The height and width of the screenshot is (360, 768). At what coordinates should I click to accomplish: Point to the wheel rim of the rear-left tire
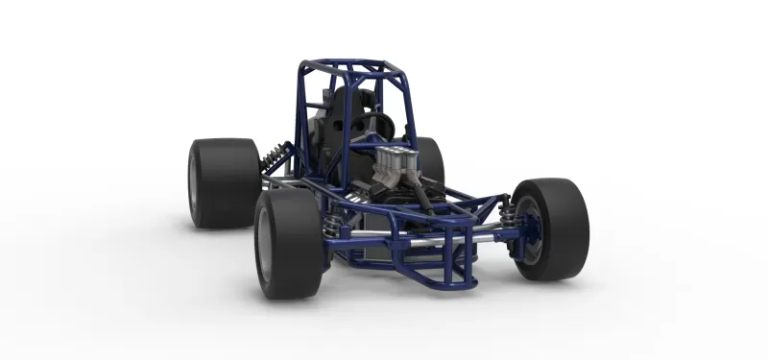(195, 182)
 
